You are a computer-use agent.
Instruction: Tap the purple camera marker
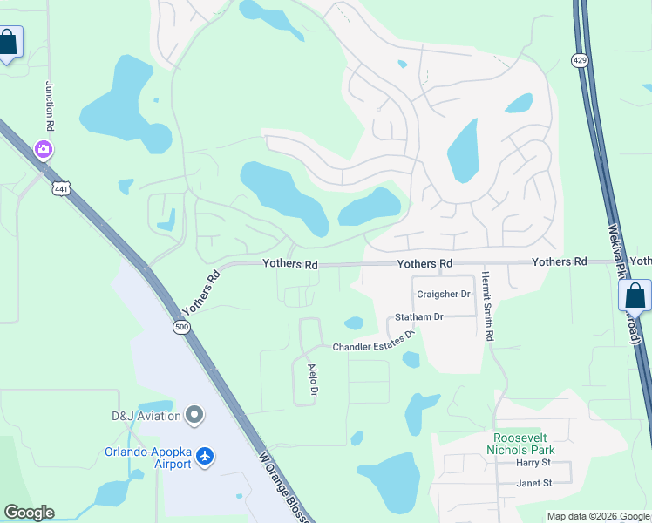pyautogui.click(x=43, y=150)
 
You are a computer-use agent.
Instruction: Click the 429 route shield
pyautogui.click(x=580, y=59)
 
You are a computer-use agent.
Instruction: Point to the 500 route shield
pyautogui.click(x=181, y=327)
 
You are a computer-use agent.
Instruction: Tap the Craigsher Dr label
pyautogui.click(x=444, y=295)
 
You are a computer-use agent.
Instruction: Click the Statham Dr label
pyautogui.click(x=419, y=316)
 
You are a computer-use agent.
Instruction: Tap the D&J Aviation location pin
pyautogui.click(x=194, y=416)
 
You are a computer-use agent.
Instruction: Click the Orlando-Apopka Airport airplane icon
pyautogui.click(x=205, y=456)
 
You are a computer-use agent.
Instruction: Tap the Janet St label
pyautogui.click(x=534, y=483)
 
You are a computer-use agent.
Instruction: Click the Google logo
pyautogui.click(x=29, y=513)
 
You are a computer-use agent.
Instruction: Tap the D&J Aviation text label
pyautogui.click(x=146, y=416)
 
